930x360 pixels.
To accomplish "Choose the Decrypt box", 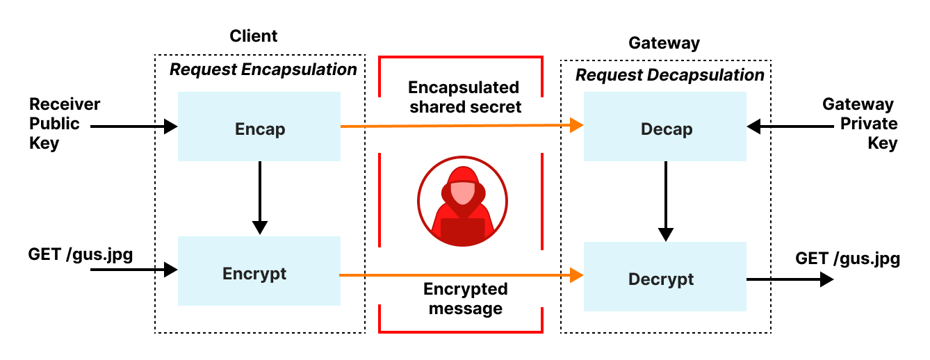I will [x=665, y=278].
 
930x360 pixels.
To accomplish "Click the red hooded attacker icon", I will [x=463, y=202].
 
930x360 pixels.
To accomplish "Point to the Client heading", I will [x=253, y=36].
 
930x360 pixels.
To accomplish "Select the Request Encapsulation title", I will [x=263, y=69].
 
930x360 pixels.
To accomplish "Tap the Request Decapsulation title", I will [x=669, y=75].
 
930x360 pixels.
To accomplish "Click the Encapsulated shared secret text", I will [x=464, y=97].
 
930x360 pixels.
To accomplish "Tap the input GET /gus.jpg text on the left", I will [x=81, y=254].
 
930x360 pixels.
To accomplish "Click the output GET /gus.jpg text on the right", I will [x=847, y=259].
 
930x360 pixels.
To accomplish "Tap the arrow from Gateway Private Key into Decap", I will [x=789, y=127].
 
